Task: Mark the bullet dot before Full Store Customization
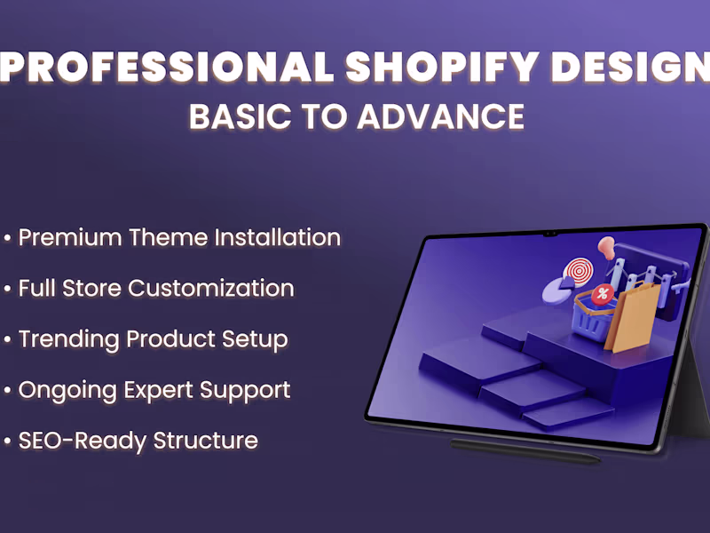point(8,289)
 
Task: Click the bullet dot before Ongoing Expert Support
point(8,390)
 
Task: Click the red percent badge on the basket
point(603,294)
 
